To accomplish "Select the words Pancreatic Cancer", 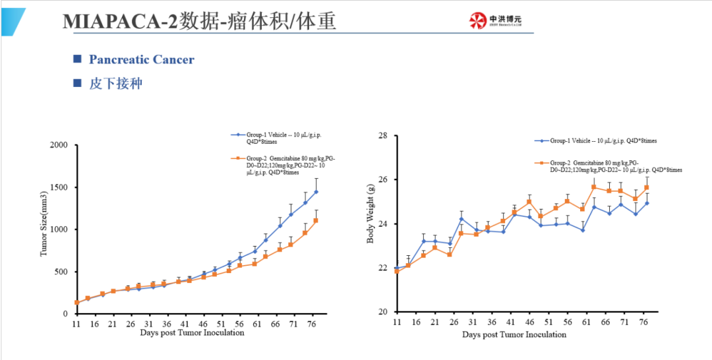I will (142, 59).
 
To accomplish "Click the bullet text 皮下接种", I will (115, 84).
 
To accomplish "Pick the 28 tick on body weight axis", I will (386, 136).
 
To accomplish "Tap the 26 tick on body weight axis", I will (386, 180).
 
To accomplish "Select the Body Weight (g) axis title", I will (371, 224).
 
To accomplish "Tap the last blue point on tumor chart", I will (316, 192).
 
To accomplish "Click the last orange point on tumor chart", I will (316, 220).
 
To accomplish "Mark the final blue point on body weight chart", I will (647, 203).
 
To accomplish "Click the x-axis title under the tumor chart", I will (192, 333).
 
